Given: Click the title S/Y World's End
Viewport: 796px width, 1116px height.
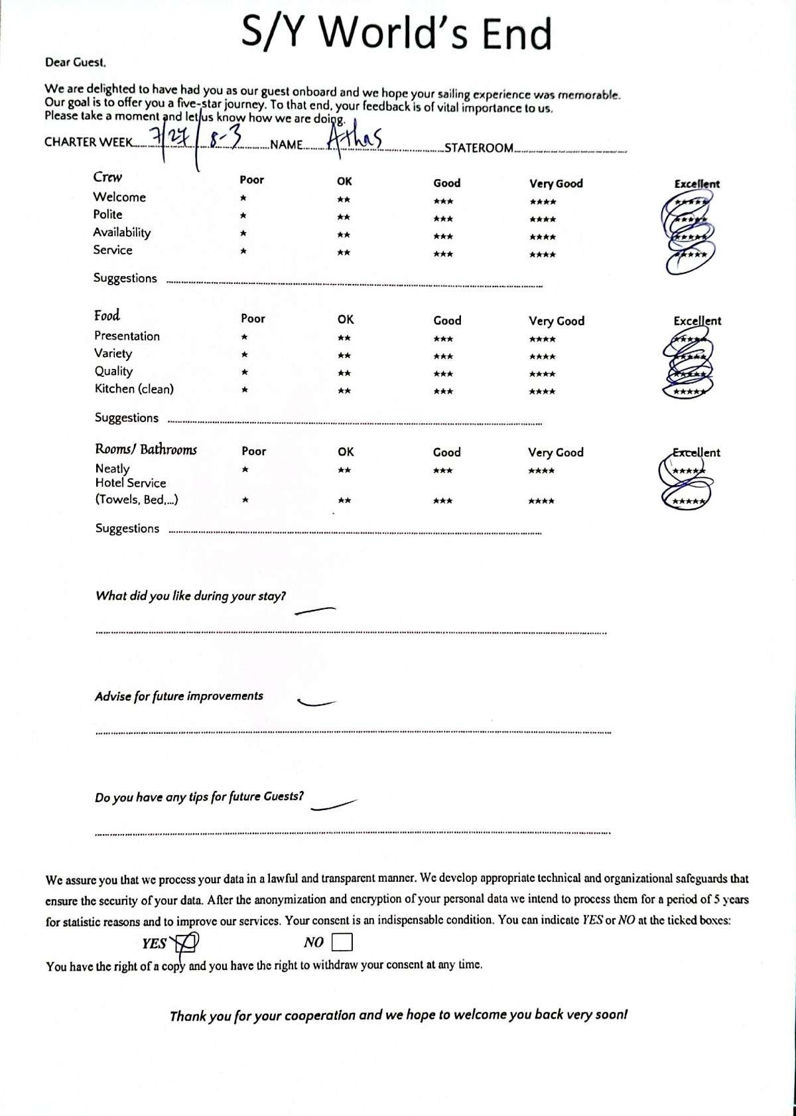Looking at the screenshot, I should [x=397, y=33].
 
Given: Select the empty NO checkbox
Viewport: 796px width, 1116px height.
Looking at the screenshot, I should [x=342, y=942].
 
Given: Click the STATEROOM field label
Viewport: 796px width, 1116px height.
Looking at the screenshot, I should [x=479, y=148].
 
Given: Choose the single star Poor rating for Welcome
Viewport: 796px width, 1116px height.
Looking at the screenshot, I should [x=243, y=198].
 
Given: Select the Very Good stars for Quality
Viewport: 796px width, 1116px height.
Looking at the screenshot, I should [x=543, y=374].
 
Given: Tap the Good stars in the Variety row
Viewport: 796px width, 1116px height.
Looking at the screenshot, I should [x=443, y=356].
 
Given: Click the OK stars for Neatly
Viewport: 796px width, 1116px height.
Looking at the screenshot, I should [x=344, y=470].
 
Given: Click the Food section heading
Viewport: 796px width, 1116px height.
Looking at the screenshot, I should [x=107, y=316].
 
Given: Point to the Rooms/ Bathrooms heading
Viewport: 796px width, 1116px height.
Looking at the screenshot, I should [x=146, y=449].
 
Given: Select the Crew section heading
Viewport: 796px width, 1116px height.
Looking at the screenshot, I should [x=107, y=177].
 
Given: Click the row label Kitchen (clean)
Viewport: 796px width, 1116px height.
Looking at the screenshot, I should [x=134, y=389].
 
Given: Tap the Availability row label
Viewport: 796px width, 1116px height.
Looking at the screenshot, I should [x=121, y=232].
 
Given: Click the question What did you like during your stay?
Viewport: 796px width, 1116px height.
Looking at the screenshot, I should [x=190, y=596].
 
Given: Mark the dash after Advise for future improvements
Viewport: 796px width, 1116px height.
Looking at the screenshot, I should [x=316, y=703].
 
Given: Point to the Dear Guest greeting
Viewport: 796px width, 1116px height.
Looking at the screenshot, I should [x=75, y=63].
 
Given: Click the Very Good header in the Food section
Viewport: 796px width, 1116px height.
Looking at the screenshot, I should [x=556, y=321].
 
